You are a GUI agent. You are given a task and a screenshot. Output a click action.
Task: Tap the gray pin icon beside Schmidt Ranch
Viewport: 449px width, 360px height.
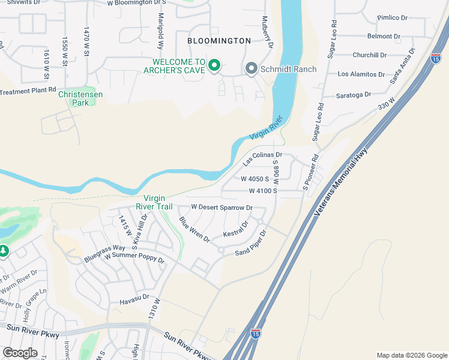pos(251,69)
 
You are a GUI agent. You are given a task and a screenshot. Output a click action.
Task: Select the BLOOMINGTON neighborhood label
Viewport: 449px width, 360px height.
pos(218,41)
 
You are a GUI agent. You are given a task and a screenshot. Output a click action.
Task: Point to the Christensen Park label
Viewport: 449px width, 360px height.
pos(74,98)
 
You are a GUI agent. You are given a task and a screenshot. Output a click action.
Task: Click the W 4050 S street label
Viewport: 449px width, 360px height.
pos(259,179)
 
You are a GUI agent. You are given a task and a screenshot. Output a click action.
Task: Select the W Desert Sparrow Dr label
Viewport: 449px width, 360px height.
pos(221,207)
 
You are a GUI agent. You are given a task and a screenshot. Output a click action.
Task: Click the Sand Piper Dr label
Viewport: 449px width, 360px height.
pos(250,243)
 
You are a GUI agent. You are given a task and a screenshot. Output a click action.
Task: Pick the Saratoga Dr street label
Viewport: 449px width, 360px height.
pos(354,94)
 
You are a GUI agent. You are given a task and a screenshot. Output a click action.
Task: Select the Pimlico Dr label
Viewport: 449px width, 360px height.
pos(394,18)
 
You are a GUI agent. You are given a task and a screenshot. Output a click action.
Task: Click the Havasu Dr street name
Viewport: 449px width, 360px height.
pos(134,297)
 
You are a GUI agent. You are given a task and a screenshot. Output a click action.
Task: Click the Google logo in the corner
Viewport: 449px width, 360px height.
pos(20,353)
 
